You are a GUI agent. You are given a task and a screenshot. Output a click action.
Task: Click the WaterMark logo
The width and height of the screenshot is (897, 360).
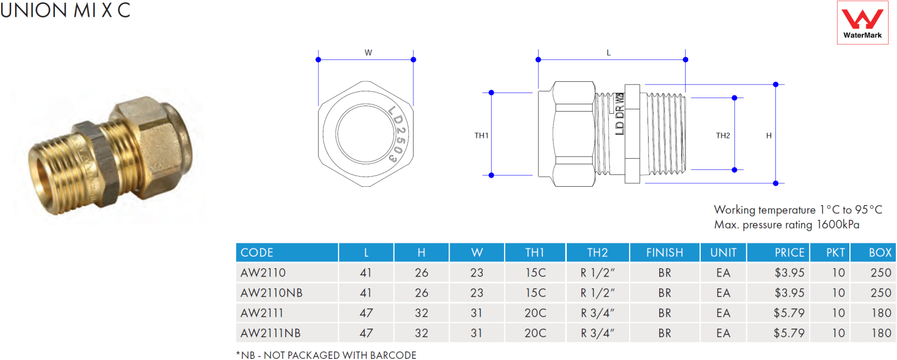[x=863, y=22]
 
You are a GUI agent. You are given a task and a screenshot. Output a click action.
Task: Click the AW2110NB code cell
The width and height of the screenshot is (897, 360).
[x=271, y=293]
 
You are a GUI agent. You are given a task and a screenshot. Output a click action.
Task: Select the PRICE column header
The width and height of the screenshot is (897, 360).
[x=789, y=253]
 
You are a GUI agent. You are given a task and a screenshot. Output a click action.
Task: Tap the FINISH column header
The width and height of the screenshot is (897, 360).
[x=665, y=253]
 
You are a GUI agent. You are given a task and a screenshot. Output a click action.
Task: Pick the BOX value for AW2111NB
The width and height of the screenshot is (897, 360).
[x=881, y=333]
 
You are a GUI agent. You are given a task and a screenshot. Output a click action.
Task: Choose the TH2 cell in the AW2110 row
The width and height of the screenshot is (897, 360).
[x=598, y=273]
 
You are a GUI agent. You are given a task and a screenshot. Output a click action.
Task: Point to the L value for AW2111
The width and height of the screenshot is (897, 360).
[x=366, y=313]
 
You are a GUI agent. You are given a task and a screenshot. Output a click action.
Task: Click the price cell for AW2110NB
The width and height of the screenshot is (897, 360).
[x=789, y=293]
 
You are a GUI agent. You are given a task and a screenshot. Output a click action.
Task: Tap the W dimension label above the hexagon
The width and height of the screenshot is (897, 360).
[x=368, y=53]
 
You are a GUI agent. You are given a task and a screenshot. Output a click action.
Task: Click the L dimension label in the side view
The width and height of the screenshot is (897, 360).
[x=609, y=53]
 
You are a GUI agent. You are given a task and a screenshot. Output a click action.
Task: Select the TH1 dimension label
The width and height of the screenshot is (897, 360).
[x=482, y=136]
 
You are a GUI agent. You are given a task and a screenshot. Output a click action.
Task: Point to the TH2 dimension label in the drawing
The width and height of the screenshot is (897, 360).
[x=723, y=136]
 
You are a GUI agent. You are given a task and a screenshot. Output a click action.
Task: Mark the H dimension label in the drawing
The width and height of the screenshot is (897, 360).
[x=769, y=136]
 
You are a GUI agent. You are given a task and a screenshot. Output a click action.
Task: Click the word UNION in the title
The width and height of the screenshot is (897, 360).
[x=34, y=10]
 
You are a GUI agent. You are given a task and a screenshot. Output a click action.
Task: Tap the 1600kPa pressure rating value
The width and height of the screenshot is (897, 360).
[x=838, y=225]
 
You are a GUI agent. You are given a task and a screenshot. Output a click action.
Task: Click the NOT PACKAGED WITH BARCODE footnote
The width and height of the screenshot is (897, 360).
[x=340, y=355]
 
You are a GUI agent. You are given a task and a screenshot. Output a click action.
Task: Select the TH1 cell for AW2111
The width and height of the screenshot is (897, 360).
[x=535, y=313]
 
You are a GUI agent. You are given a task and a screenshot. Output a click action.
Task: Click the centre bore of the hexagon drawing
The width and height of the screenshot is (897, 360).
[x=366, y=134]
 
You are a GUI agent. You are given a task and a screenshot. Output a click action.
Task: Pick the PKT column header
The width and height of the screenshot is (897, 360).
[x=835, y=253]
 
